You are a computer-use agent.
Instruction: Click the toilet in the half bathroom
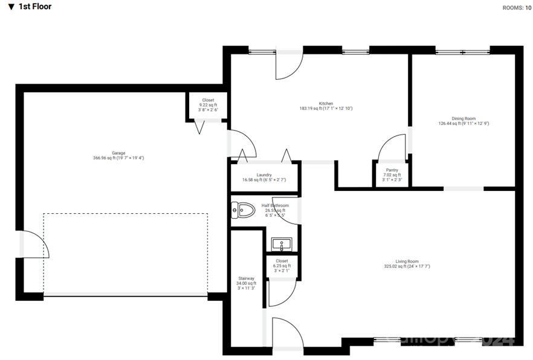click(x=242, y=211)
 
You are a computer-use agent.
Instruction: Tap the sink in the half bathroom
click(x=282, y=245)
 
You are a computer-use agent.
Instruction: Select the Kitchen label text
click(x=326, y=103)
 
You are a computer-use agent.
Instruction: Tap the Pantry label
click(x=391, y=170)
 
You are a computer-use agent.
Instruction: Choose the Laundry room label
click(x=263, y=175)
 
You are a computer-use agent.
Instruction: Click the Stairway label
click(x=247, y=278)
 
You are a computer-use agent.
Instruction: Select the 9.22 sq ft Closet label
click(x=208, y=100)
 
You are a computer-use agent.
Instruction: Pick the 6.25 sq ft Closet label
click(x=282, y=261)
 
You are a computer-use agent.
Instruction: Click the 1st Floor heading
click(x=34, y=7)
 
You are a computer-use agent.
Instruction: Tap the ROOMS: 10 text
click(x=517, y=8)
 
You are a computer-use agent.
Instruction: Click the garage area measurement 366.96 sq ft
click(x=118, y=158)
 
